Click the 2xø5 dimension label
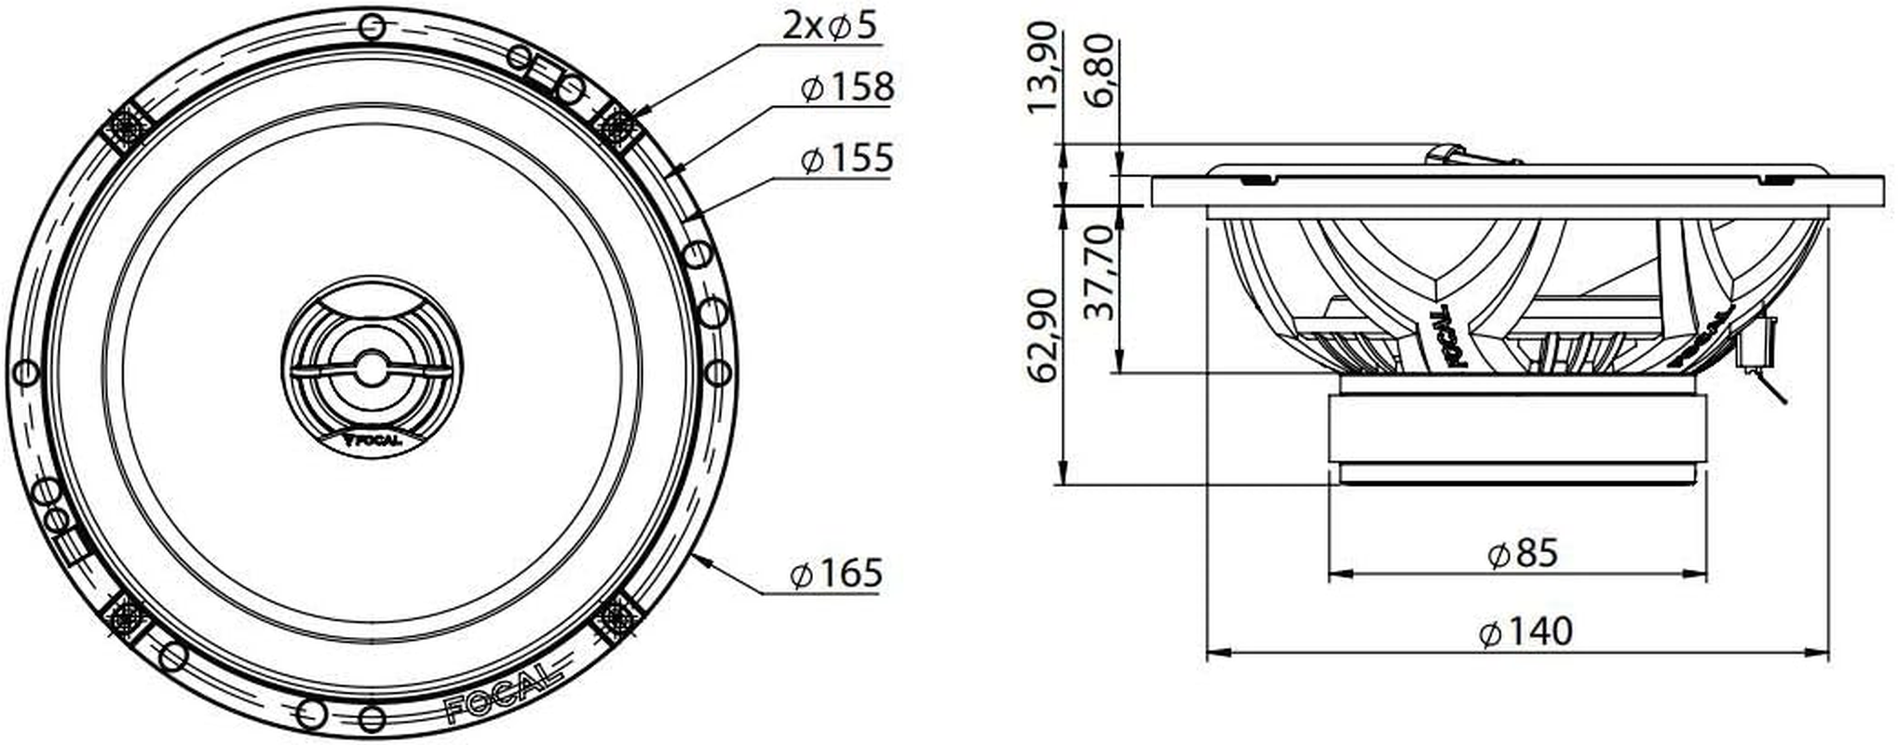(830, 26)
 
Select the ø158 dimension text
(847, 88)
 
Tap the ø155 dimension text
(847, 158)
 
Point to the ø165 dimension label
(835, 573)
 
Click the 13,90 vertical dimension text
(1044, 67)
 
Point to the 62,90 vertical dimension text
(1044, 335)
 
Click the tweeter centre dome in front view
(371, 368)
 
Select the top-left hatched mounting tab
(125, 126)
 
